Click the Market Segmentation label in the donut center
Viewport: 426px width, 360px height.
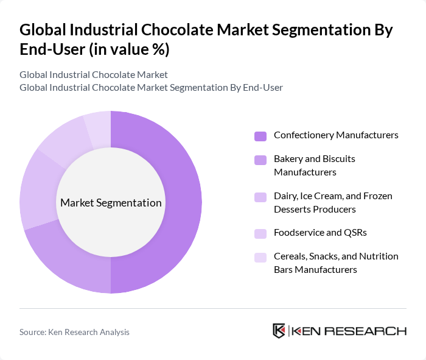[111, 203]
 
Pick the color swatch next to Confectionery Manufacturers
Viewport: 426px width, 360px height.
[260, 136]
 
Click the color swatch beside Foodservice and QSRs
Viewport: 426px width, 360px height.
[260, 233]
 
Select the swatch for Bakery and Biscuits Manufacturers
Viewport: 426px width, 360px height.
[260, 160]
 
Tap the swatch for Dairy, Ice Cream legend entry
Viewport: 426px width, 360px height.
[260, 197]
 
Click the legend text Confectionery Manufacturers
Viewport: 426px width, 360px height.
[336, 135]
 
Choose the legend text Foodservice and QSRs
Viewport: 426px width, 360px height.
[320, 233]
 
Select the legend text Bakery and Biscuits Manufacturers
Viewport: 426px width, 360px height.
[314, 166]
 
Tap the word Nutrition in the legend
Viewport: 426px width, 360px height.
[377, 256]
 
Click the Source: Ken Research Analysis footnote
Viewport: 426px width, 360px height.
[74, 332]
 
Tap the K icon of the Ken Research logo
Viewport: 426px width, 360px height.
[279, 331]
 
